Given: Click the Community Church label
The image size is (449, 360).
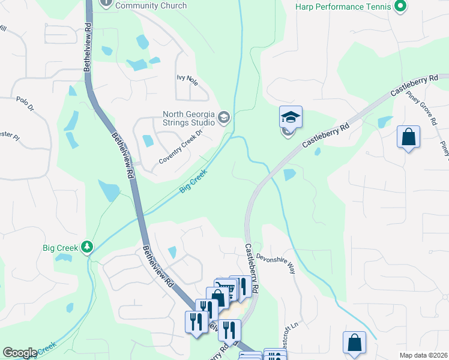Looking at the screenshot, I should (x=151, y=5).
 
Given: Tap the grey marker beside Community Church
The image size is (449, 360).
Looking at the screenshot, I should (x=106, y=3).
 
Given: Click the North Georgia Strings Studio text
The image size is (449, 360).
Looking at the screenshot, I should (x=188, y=118).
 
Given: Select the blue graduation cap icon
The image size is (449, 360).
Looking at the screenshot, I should (x=291, y=117).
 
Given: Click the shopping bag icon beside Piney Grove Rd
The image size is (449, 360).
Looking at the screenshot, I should (x=408, y=137).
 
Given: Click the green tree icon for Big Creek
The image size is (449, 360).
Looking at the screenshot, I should (x=88, y=247).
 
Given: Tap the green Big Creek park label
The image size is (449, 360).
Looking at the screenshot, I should (x=60, y=247).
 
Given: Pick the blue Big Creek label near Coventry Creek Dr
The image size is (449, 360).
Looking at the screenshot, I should (x=193, y=181).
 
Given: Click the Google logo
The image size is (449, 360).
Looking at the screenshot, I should (x=20, y=353).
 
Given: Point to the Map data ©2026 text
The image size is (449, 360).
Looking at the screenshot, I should (x=423, y=355).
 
